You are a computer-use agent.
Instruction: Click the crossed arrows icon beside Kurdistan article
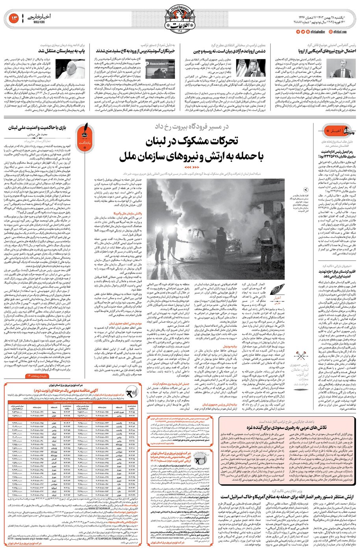point(303,356)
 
